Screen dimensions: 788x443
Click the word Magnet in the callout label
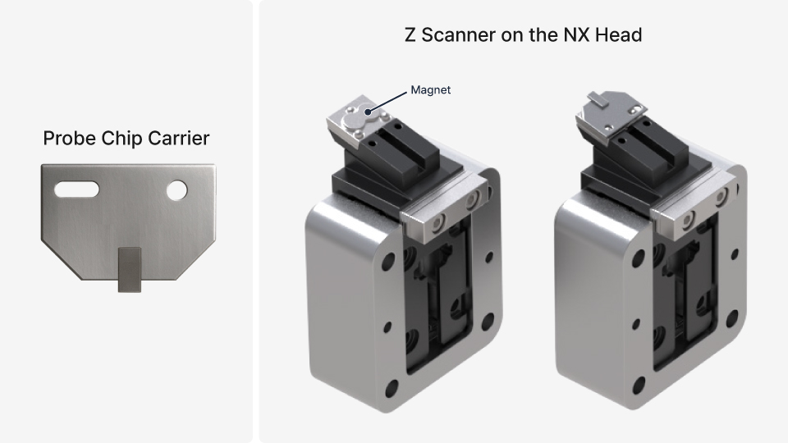[x=430, y=90]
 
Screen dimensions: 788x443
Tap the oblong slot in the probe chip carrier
[x=76, y=190]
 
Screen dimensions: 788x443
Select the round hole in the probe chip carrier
[x=176, y=190]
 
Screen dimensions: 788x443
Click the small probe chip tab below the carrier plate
[x=129, y=270]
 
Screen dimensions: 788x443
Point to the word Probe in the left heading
[x=69, y=138]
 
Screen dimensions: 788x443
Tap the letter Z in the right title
[x=410, y=35]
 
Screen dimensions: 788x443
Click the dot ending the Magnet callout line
[x=368, y=112]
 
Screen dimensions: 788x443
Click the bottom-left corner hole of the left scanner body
[x=392, y=388]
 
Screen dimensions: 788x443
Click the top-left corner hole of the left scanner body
[x=388, y=261]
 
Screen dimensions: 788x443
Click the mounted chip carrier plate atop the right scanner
[x=608, y=112]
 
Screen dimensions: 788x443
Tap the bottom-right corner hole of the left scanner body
[x=488, y=321]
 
